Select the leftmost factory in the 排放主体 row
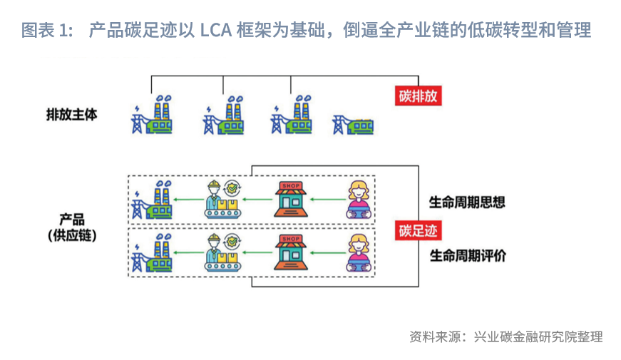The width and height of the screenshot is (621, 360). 153,115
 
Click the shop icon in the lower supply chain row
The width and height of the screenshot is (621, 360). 292,253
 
